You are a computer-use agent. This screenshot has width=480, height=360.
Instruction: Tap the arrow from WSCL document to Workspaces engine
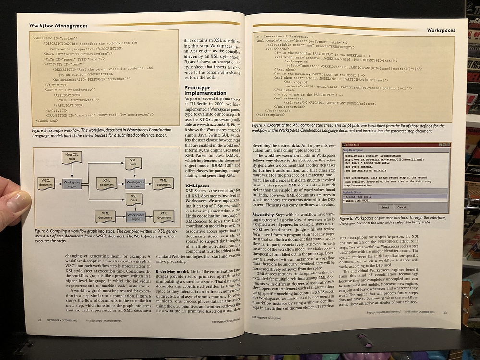click(57, 183)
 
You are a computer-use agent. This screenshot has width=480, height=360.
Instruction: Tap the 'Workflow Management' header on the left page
click(58, 25)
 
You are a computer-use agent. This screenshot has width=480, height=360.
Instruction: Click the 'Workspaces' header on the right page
click(441, 30)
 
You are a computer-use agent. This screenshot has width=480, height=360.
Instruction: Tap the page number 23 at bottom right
click(445, 313)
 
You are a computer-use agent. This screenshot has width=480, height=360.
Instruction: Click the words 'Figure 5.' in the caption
click(42, 130)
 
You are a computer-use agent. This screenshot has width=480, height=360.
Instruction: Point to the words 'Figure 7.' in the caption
click(263, 125)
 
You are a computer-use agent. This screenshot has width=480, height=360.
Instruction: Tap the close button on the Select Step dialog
click(448, 144)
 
